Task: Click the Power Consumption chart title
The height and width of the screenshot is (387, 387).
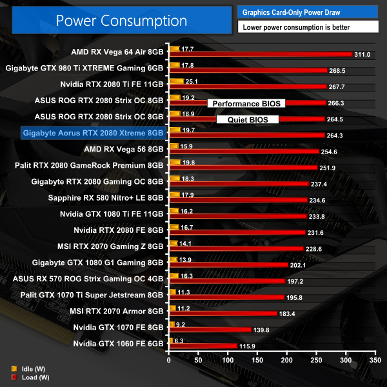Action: [x=121, y=20]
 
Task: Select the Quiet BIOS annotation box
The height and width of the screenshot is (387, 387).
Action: [x=248, y=119]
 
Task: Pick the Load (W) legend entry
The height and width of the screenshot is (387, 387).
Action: [x=25, y=377]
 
